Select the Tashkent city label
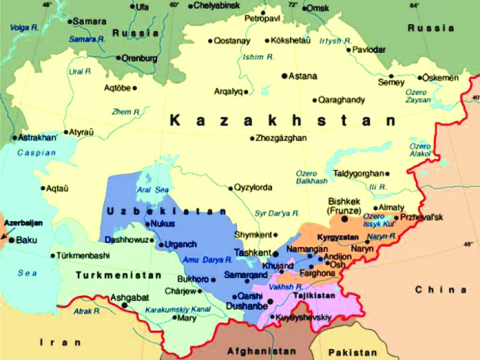252,253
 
